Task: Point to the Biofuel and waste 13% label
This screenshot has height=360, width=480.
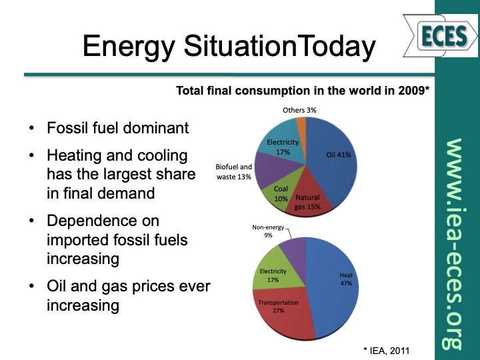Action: click(233, 171)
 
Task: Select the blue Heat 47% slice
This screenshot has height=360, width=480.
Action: click(337, 283)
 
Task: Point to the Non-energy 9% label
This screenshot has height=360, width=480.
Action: click(267, 231)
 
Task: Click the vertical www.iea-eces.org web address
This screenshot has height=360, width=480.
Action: click(455, 243)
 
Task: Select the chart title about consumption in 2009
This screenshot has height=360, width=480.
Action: click(302, 90)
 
